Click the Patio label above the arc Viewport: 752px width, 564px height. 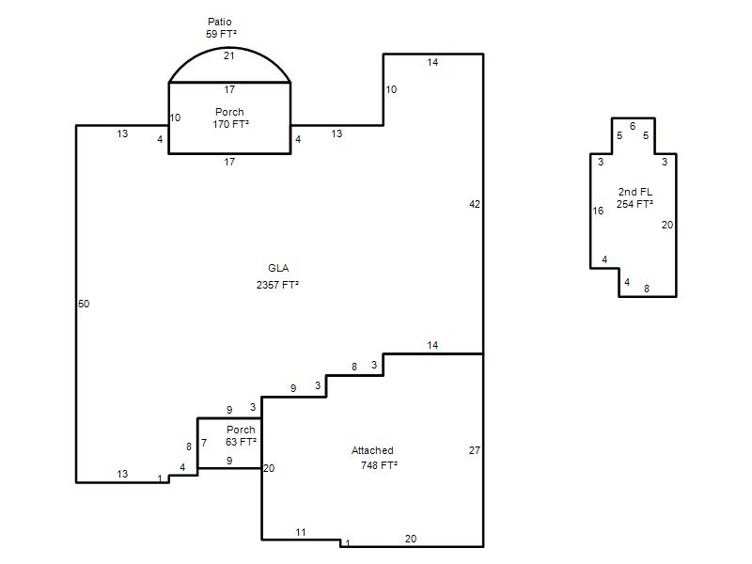point(220,22)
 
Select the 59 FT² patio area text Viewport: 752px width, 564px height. point(221,34)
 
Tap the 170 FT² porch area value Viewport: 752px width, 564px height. point(230,124)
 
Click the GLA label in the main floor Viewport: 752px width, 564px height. point(278,268)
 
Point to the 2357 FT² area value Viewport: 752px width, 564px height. point(277,285)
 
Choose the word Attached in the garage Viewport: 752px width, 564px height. point(372,450)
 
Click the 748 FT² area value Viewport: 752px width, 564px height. point(379,465)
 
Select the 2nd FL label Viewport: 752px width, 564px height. point(635,192)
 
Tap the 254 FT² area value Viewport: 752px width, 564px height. point(634,204)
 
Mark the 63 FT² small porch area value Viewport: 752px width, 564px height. point(241,442)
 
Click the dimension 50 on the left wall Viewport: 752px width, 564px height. point(84,304)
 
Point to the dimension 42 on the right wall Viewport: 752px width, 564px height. point(475,204)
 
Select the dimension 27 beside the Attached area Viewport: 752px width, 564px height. point(475,450)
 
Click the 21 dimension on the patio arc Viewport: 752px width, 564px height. point(229,55)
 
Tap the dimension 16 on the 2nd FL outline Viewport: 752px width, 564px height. point(598,211)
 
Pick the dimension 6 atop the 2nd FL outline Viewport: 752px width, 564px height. point(633,126)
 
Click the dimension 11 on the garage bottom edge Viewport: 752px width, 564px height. point(301,532)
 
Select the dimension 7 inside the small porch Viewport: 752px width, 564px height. point(204,443)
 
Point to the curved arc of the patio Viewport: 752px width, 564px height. point(229,48)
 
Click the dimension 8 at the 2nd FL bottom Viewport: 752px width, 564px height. point(647,289)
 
